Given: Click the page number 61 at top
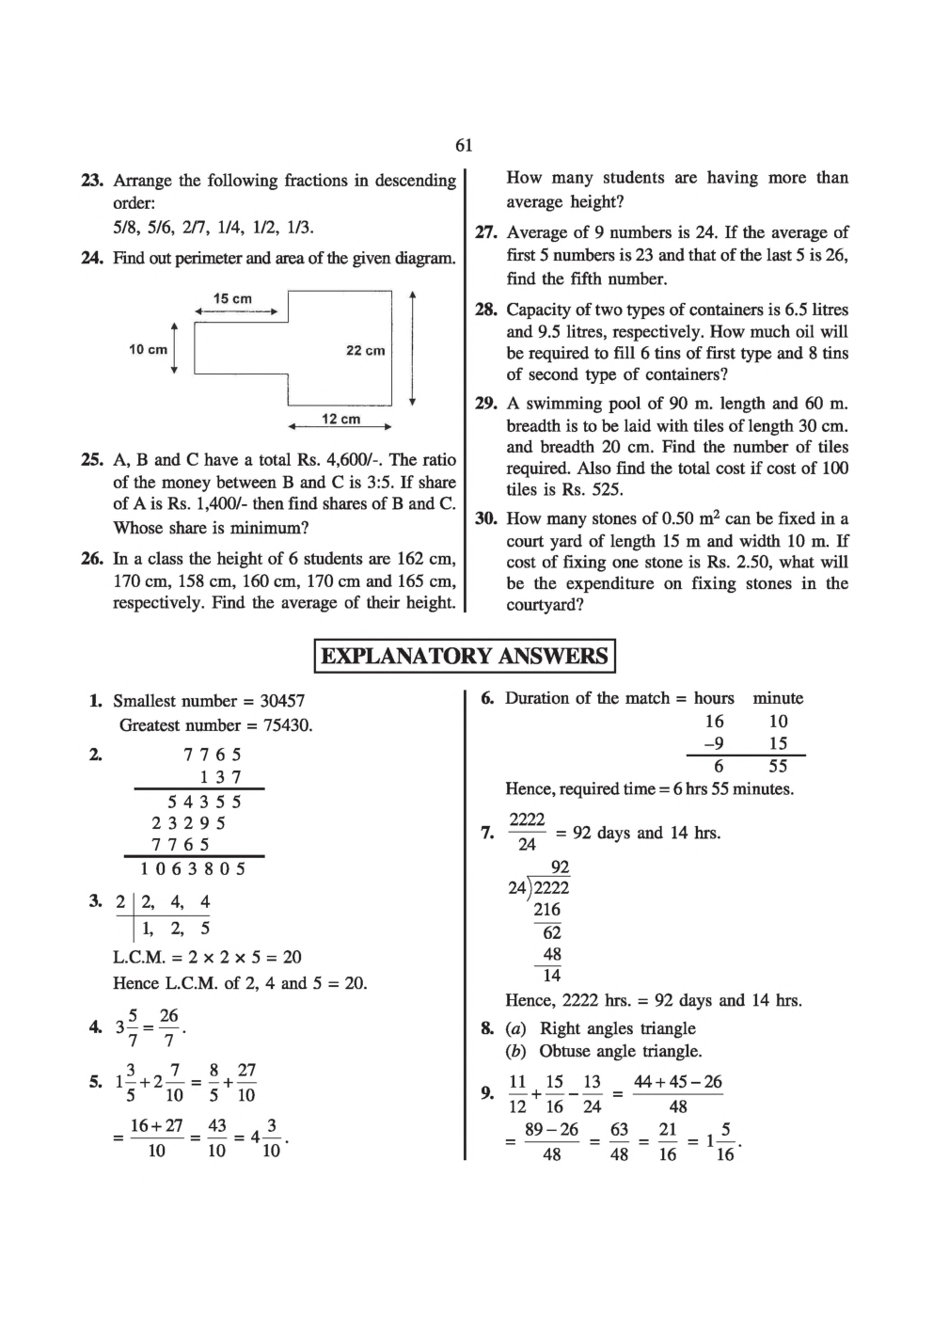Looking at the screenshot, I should coord(464,145).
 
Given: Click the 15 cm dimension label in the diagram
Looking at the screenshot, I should coord(232,298).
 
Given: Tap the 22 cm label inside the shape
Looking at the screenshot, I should coord(365,350).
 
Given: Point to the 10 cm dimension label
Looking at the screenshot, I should coord(148,349).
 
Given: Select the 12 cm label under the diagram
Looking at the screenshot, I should coord(340,419).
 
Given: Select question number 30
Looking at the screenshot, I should coord(485,518).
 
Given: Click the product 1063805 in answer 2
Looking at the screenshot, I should coord(188,868).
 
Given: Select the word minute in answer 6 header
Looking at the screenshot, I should coord(778,698).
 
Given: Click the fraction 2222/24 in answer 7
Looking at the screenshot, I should coord(527,832).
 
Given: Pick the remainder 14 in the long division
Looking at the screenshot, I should coord(551,976).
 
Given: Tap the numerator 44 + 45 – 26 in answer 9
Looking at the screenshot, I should coord(677,1082).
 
